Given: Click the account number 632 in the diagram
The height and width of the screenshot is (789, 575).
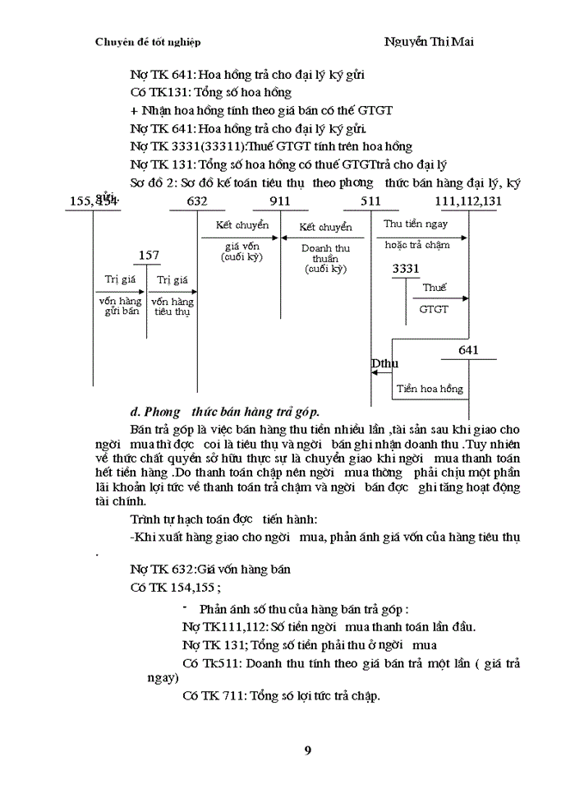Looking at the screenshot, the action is (197, 201).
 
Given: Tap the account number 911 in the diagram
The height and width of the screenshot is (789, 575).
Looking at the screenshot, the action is (279, 201).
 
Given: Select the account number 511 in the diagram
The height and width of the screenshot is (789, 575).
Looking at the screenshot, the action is (370, 201).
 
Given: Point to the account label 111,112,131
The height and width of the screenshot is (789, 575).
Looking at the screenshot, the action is (469, 201).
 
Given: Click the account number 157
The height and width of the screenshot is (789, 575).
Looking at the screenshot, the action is (149, 256).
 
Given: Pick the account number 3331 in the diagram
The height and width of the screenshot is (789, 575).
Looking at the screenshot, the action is (406, 269).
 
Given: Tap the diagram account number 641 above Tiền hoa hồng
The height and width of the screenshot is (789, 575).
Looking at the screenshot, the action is (468, 350).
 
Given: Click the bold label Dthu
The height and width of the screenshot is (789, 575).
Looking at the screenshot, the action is (384, 363).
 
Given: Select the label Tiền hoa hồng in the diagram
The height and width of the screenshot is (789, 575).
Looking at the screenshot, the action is (430, 389).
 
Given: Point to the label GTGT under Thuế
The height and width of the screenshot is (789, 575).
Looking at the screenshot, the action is (434, 310).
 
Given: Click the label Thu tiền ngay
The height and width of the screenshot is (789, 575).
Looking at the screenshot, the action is (416, 224).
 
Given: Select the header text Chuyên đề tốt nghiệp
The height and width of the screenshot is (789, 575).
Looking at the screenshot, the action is (148, 42).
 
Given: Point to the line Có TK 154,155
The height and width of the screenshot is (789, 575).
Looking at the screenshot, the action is (175, 588).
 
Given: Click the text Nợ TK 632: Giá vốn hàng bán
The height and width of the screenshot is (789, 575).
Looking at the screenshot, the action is (210, 570).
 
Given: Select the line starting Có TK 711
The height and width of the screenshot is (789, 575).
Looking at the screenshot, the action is (281, 696).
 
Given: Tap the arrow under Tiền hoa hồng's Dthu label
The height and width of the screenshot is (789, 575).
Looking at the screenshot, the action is (380, 373).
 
